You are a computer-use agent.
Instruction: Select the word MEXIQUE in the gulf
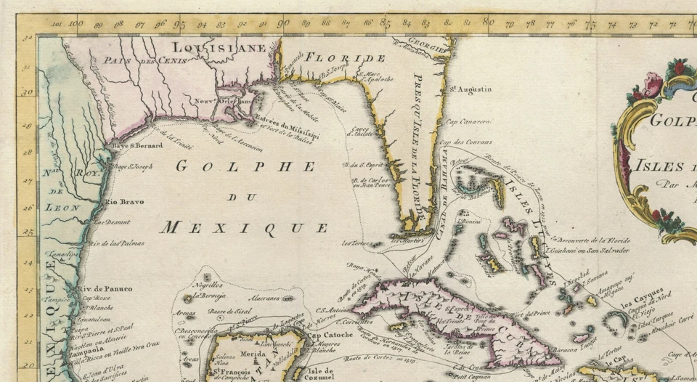coord(244,227)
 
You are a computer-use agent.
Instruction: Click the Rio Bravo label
coord(124,201)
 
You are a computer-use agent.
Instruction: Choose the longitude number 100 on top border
coord(76,23)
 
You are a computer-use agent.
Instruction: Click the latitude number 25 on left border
coord(28,232)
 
